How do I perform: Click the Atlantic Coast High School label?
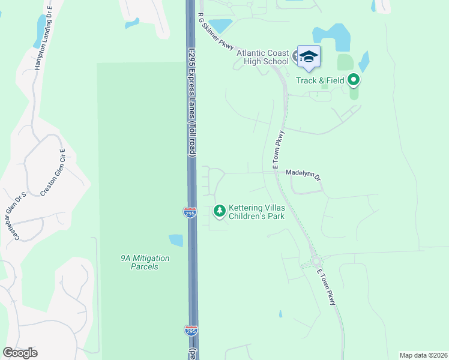coord(264,57)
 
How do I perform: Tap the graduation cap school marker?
coord(309,57)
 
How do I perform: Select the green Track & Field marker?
coord(354,79)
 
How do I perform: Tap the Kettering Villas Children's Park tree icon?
coord(220,211)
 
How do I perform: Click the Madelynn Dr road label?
coord(303,171)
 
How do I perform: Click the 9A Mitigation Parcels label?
coord(145,262)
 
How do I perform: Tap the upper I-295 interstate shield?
coord(189,212)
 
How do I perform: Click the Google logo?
coord(20,353)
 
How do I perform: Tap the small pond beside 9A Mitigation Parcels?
coord(176,241)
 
